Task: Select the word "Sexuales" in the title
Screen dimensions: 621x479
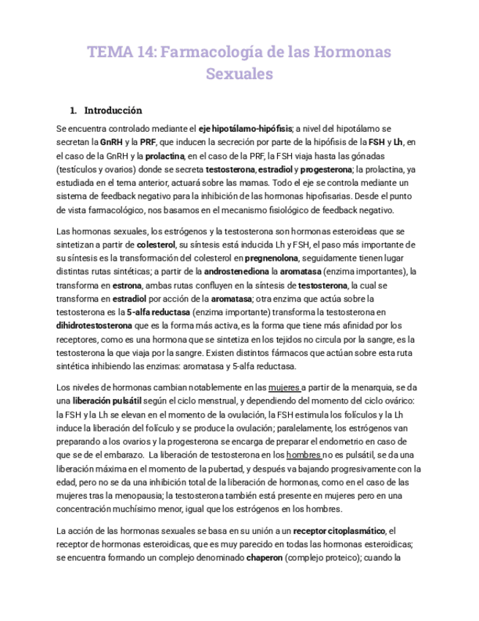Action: coord(239,74)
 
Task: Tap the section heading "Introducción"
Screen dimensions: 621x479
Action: coord(113,111)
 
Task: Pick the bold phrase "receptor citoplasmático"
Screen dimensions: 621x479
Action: coord(334,530)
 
